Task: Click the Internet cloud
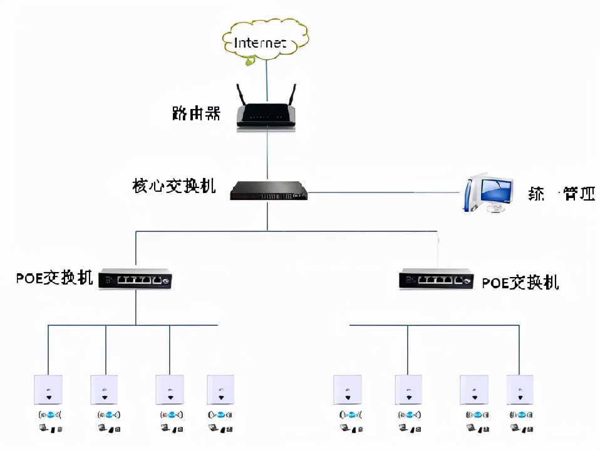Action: click(x=265, y=41)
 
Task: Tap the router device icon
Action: click(x=267, y=115)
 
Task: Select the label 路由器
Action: click(x=196, y=113)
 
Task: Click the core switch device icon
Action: click(x=269, y=190)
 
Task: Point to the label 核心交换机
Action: click(x=174, y=186)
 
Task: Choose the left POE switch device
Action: click(x=136, y=280)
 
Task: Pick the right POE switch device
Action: click(x=437, y=280)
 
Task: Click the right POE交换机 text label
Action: click(x=520, y=283)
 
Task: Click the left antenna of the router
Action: click(x=241, y=95)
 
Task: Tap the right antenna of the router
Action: click(x=291, y=95)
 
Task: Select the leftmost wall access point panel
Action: click(x=48, y=389)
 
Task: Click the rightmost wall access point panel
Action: click(x=520, y=389)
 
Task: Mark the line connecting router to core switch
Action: click(x=267, y=154)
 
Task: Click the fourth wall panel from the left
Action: click(x=220, y=389)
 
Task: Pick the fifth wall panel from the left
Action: click(x=348, y=389)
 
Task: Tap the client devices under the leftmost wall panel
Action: click(x=48, y=429)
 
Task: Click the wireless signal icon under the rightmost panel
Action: click(x=520, y=414)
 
